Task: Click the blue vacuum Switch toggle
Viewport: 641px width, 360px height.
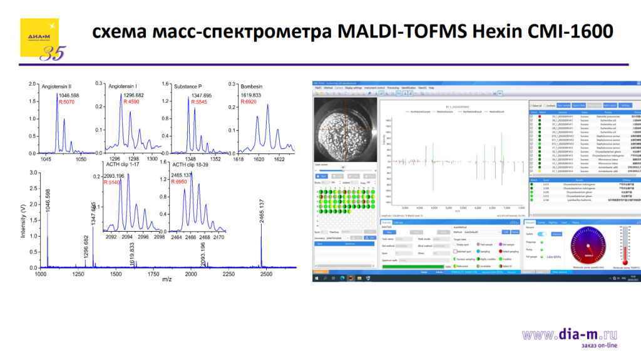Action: pos(542,234)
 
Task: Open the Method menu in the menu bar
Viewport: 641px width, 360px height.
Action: pos(329,88)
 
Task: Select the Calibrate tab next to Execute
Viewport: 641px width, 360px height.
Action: pos(398,222)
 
